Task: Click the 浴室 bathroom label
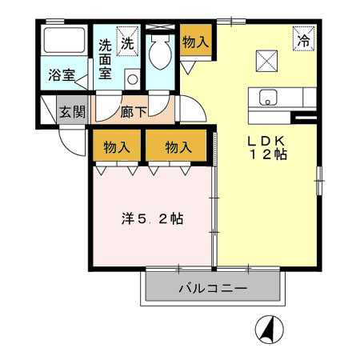[62, 76]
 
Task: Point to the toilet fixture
[158, 50]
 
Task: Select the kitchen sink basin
[267, 98]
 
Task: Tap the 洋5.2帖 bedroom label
[149, 217]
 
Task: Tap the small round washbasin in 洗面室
[130, 80]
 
